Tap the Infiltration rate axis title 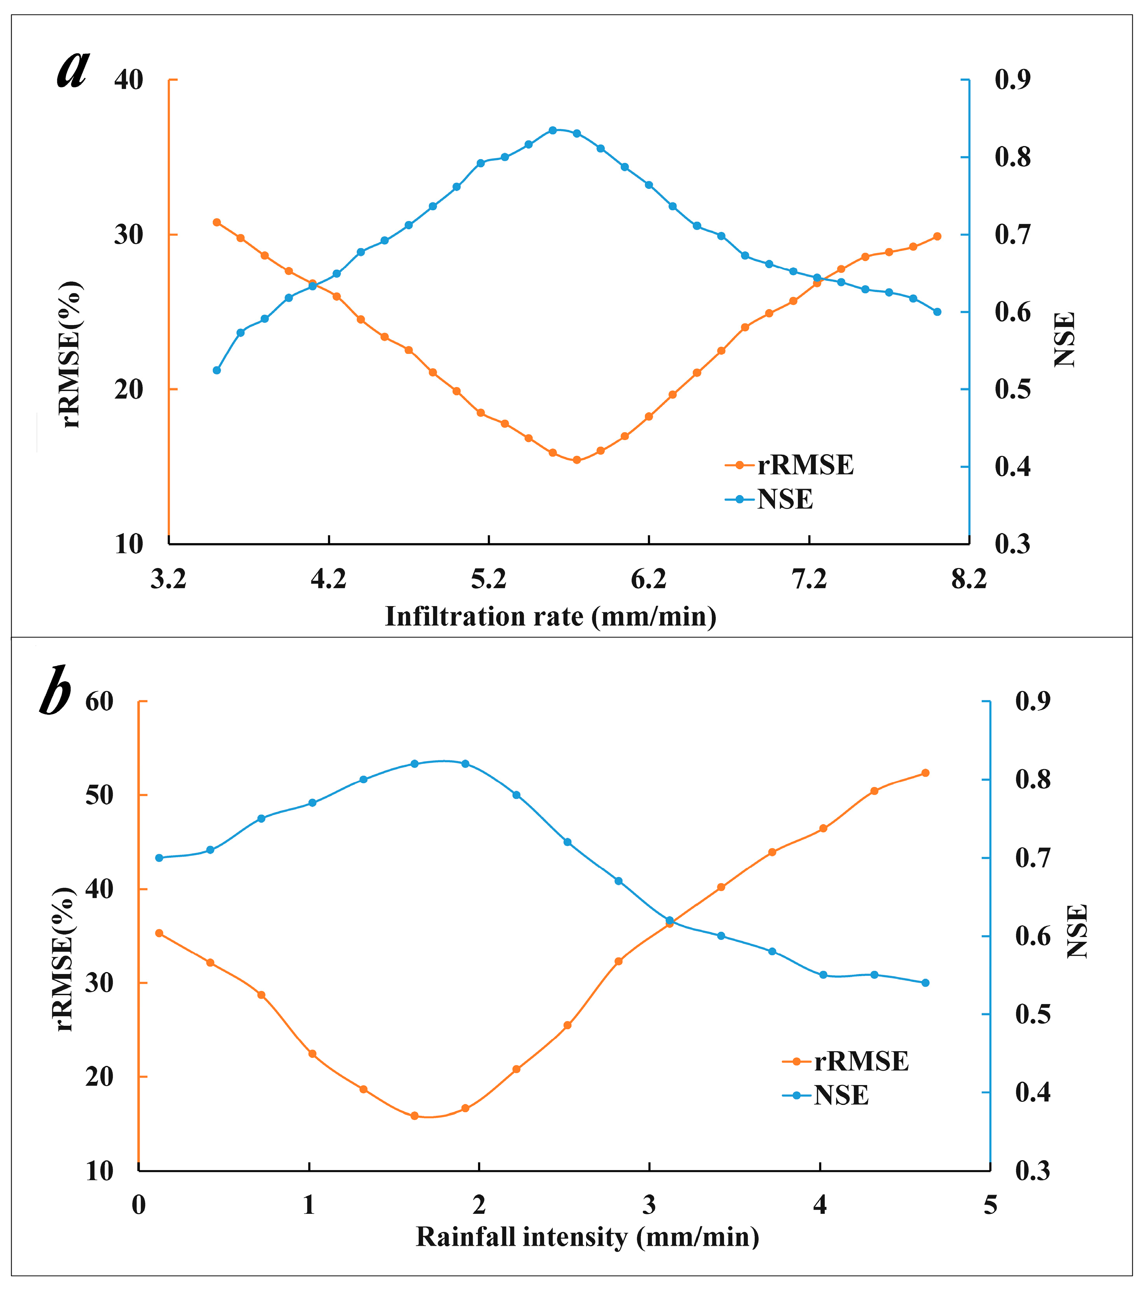pyautogui.click(x=551, y=616)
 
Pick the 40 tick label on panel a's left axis pyautogui.click(x=128, y=80)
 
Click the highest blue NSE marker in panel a pyautogui.click(x=553, y=130)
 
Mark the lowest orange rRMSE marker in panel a pyautogui.click(x=576, y=460)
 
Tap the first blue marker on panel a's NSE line pyautogui.click(x=217, y=370)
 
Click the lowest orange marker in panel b pyautogui.click(x=414, y=1116)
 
